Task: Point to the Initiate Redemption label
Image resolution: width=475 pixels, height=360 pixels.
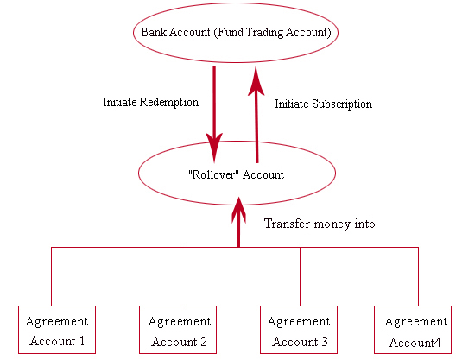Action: pyautogui.click(x=151, y=103)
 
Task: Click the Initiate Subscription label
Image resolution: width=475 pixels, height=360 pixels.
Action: pyautogui.click(x=324, y=104)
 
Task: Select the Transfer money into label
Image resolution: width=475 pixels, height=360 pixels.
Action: pyautogui.click(x=320, y=224)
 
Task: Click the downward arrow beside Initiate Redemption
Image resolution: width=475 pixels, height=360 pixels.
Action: pyautogui.click(x=214, y=115)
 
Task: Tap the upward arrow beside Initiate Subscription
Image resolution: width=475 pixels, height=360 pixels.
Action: pyautogui.click(x=256, y=115)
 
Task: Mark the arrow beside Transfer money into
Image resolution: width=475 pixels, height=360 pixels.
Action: pyautogui.click(x=238, y=222)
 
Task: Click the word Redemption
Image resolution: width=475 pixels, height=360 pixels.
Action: pyautogui.click(x=168, y=103)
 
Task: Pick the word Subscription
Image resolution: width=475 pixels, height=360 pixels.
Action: pyautogui.click(x=342, y=104)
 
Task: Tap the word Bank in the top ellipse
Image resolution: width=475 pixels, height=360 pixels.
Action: pyautogui.click(x=154, y=33)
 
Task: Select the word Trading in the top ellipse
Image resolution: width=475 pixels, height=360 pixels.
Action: pyautogui.click(x=264, y=33)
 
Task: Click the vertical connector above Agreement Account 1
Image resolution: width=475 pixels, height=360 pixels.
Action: pyautogui.click(x=52, y=276)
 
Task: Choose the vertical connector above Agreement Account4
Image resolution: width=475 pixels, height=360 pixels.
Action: pyautogui.click(x=418, y=276)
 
